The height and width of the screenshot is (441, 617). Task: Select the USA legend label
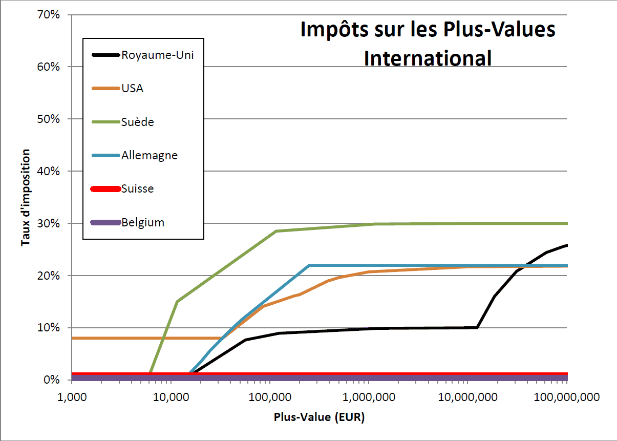133,88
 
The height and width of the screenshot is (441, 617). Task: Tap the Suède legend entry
138,122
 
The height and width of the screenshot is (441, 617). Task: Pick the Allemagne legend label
150,155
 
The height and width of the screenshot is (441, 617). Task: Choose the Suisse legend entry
138,188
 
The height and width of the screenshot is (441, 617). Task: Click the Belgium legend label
143,222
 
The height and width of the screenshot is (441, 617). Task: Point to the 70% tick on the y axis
49,14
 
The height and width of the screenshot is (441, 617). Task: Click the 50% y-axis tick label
49,119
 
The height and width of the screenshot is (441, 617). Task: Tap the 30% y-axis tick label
49,223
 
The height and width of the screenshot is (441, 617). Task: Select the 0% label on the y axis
52,380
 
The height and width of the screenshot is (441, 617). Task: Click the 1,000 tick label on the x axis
72,397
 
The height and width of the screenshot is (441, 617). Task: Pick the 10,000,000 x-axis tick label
467,397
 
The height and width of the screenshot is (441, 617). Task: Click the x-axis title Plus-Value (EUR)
319,417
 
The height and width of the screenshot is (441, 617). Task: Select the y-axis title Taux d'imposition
25,198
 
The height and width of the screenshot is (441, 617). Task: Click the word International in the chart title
428,58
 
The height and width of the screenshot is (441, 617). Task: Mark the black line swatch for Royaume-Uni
105,55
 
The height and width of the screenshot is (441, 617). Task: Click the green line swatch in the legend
105,122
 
